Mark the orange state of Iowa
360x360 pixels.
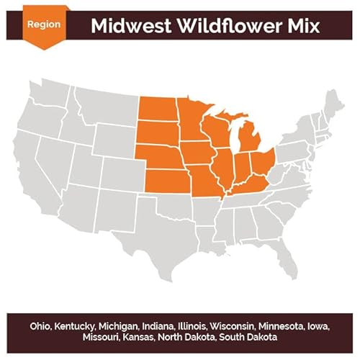click(199, 155)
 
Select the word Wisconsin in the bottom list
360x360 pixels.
click(231, 325)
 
